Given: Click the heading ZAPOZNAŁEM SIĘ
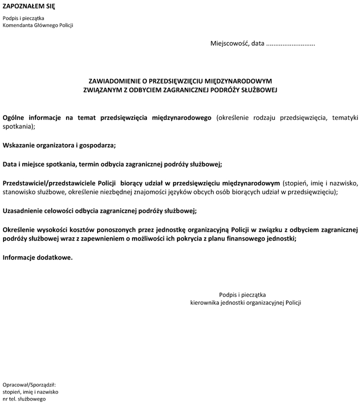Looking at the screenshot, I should [x=29, y=6].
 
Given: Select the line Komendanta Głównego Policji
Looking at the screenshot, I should [x=38, y=25].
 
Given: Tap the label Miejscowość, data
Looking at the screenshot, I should [x=237, y=43].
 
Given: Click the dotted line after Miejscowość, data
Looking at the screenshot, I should [x=290, y=44].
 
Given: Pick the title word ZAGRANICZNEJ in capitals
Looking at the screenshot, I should [x=190, y=90].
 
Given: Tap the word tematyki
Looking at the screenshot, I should [x=345, y=118].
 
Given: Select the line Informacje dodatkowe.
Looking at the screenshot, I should [x=37, y=257].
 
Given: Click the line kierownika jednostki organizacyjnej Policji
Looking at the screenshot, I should [x=246, y=303].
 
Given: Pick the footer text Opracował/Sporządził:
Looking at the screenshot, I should [x=29, y=384].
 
